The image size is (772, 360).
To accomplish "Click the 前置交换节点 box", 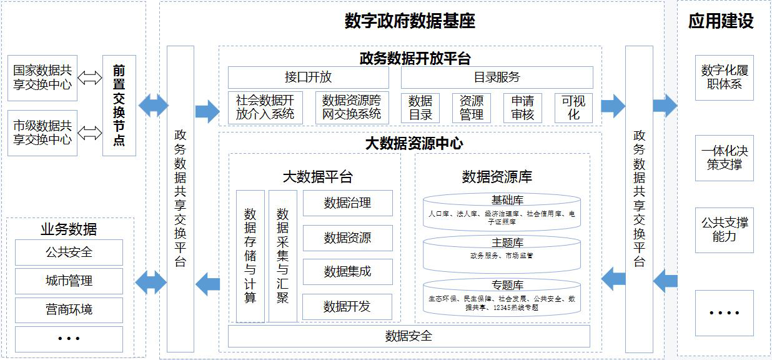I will pyautogui.click(x=119, y=105).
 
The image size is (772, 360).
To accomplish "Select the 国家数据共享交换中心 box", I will pyautogui.click(x=42, y=78).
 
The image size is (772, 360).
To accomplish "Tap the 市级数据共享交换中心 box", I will pyautogui.click(x=42, y=132).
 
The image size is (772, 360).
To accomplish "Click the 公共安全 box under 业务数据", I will pyautogui.click(x=69, y=252).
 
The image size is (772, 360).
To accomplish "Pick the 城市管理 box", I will pyautogui.click(x=69, y=281).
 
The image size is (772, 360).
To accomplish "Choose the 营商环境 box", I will pyautogui.click(x=69, y=310).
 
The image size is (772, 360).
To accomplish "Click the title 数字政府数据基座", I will pyautogui.click(x=410, y=21).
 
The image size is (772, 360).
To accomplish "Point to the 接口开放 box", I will pyautogui.click(x=308, y=77).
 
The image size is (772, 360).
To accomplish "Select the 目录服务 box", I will pyautogui.click(x=497, y=77).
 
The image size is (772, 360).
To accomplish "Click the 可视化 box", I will pyautogui.click(x=573, y=107).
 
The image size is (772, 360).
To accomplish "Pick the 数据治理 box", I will pyautogui.click(x=347, y=203).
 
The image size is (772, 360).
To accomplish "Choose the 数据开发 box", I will pyautogui.click(x=347, y=306).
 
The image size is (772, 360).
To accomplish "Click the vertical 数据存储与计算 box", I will pyautogui.click(x=250, y=256).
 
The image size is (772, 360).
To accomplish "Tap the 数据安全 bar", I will pyautogui.click(x=408, y=336).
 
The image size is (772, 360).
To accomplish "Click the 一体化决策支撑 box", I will pyautogui.click(x=724, y=158).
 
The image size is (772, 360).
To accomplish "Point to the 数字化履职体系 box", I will pyautogui.click(x=724, y=77).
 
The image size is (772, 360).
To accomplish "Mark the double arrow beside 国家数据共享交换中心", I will pyautogui.click(x=90, y=78).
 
